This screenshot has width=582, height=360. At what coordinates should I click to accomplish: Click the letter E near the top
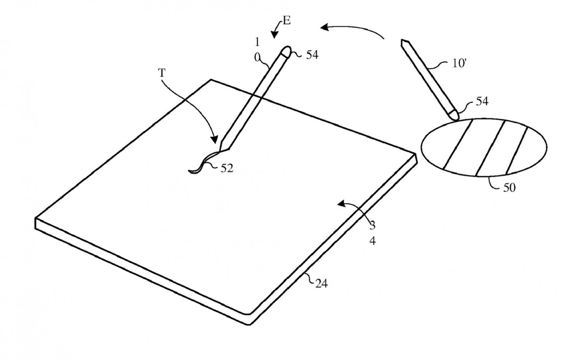point(286,20)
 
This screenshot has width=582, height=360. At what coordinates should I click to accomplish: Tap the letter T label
point(162,73)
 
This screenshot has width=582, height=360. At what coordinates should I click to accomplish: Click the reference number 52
point(227,169)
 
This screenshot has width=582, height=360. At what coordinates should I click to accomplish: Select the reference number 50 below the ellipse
point(509,187)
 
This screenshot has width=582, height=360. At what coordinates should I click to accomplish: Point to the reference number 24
point(321,284)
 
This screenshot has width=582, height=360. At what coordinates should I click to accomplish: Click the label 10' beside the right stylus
point(459,63)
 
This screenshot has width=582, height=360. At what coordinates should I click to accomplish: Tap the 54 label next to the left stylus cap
point(312,55)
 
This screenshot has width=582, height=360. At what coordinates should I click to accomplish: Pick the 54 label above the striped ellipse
point(482,101)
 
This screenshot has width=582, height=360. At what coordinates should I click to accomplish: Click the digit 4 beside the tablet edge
point(372,242)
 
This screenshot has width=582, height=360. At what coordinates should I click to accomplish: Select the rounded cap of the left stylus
point(286,51)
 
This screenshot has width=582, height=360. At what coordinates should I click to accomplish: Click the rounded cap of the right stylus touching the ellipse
point(454,114)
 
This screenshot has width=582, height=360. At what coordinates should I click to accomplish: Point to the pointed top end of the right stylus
point(402,40)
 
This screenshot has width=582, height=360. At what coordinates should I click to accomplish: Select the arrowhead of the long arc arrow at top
point(325,27)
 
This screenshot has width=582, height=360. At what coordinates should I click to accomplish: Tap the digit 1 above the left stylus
point(257,42)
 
